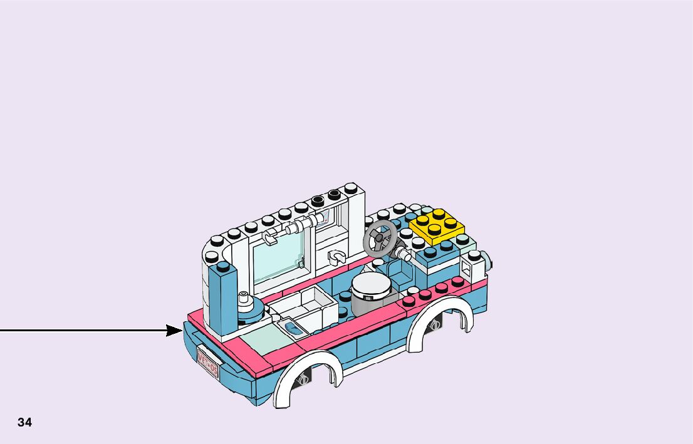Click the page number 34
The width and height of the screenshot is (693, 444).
click(x=24, y=422)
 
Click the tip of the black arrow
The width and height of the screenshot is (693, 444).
click(x=181, y=330)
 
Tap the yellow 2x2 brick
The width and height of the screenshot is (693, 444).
click(x=437, y=227)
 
